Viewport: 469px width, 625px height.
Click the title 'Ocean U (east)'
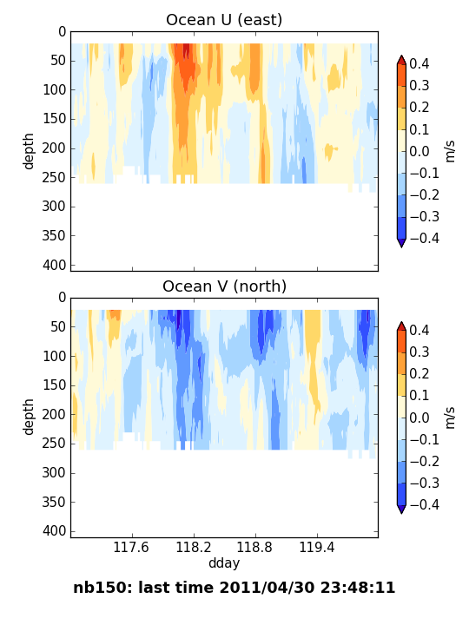[x=224, y=20]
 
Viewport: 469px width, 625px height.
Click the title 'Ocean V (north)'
[x=224, y=286]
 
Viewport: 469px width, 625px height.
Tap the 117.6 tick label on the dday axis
[x=131, y=547]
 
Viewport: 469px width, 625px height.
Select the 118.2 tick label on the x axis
[x=194, y=547]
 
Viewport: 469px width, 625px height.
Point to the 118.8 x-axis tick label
[x=254, y=547]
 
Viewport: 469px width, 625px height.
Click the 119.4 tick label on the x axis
[x=317, y=547]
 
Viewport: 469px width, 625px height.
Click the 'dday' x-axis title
[x=224, y=563]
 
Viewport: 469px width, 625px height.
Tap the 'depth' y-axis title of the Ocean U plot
[x=29, y=151]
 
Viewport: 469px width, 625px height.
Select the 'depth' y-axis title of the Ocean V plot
[x=29, y=417]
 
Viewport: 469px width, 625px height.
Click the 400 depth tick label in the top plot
[x=54, y=265]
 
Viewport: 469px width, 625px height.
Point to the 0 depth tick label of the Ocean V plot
[x=63, y=298]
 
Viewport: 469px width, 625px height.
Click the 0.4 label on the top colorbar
[x=419, y=63]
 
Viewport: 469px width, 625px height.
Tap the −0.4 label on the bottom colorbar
[x=425, y=504]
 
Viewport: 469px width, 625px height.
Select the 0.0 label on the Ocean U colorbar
[x=419, y=151]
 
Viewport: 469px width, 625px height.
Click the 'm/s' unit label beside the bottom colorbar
[x=450, y=418]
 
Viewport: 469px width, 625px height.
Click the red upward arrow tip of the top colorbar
[x=401, y=56]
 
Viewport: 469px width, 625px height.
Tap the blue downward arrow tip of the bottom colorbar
[x=401, y=513]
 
